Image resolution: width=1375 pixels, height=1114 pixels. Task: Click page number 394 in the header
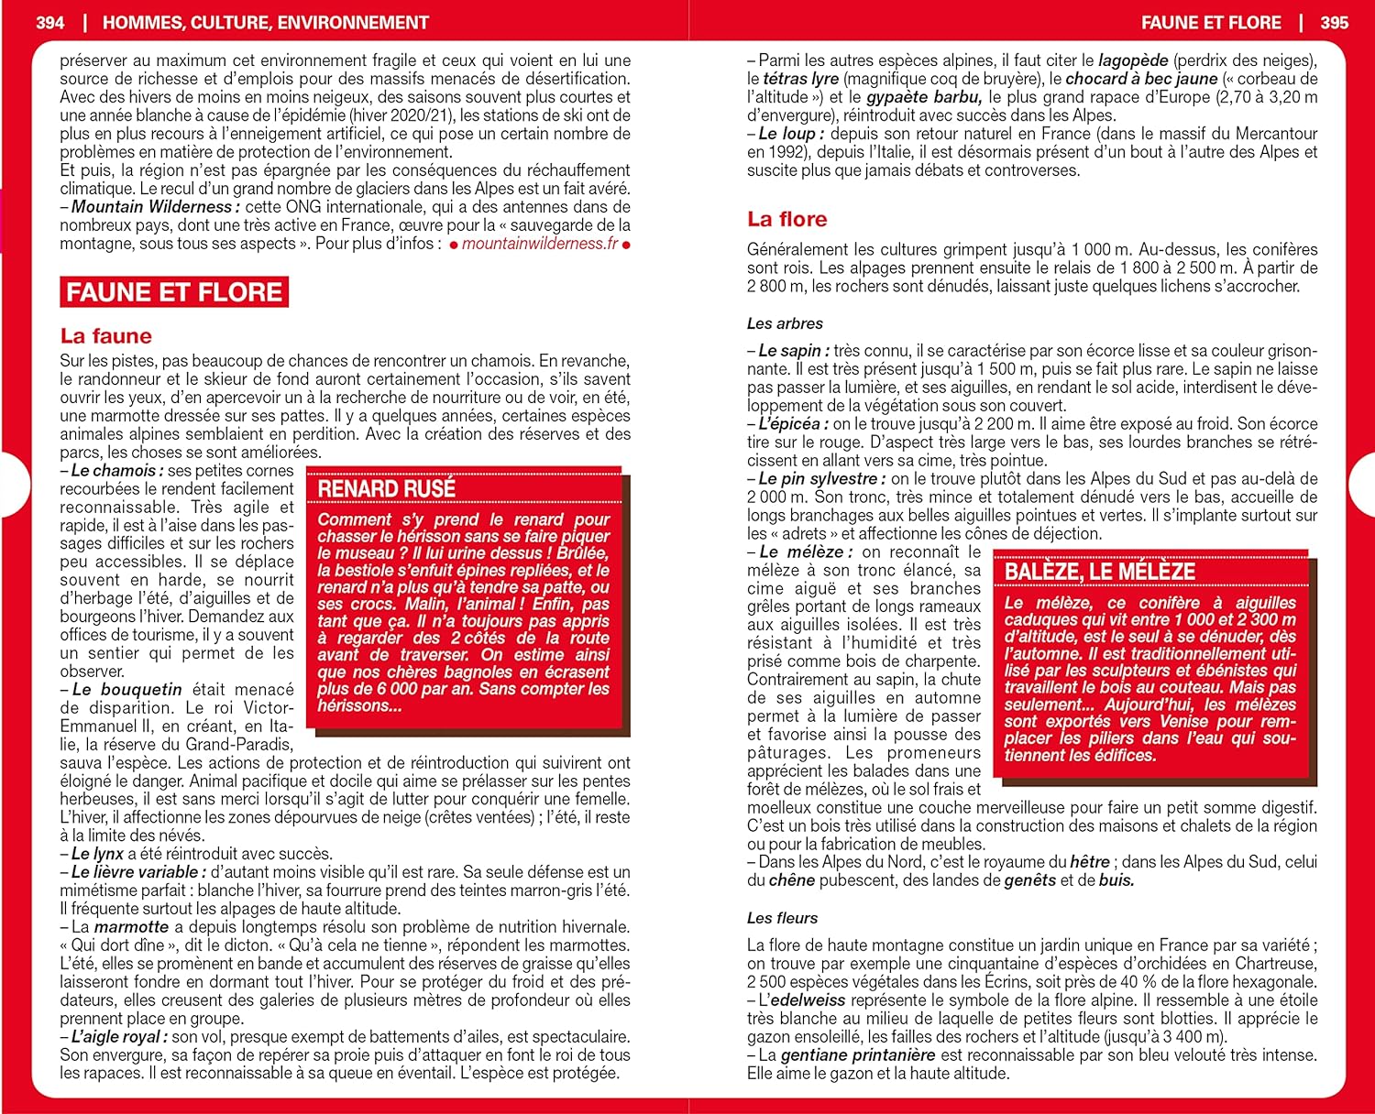click(50, 23)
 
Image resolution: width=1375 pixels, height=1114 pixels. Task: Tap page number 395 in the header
click(1334, 23)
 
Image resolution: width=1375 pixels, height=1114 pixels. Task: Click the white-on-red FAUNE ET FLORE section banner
click(174, 292)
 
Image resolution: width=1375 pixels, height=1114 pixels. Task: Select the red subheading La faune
click(105, 336)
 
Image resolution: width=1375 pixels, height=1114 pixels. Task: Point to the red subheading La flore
click(786, 219)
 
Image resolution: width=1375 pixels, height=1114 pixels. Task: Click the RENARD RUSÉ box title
click(386, 488)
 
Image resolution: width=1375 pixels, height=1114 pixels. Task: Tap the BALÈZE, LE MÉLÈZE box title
click(1100, 572)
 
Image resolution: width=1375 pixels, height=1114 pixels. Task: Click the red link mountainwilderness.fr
click(540, 244)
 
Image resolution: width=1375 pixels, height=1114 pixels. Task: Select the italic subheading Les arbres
click(785, 323)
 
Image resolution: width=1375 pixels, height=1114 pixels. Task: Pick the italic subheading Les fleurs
click(782, 918)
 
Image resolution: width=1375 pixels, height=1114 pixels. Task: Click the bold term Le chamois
click(115, 471)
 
